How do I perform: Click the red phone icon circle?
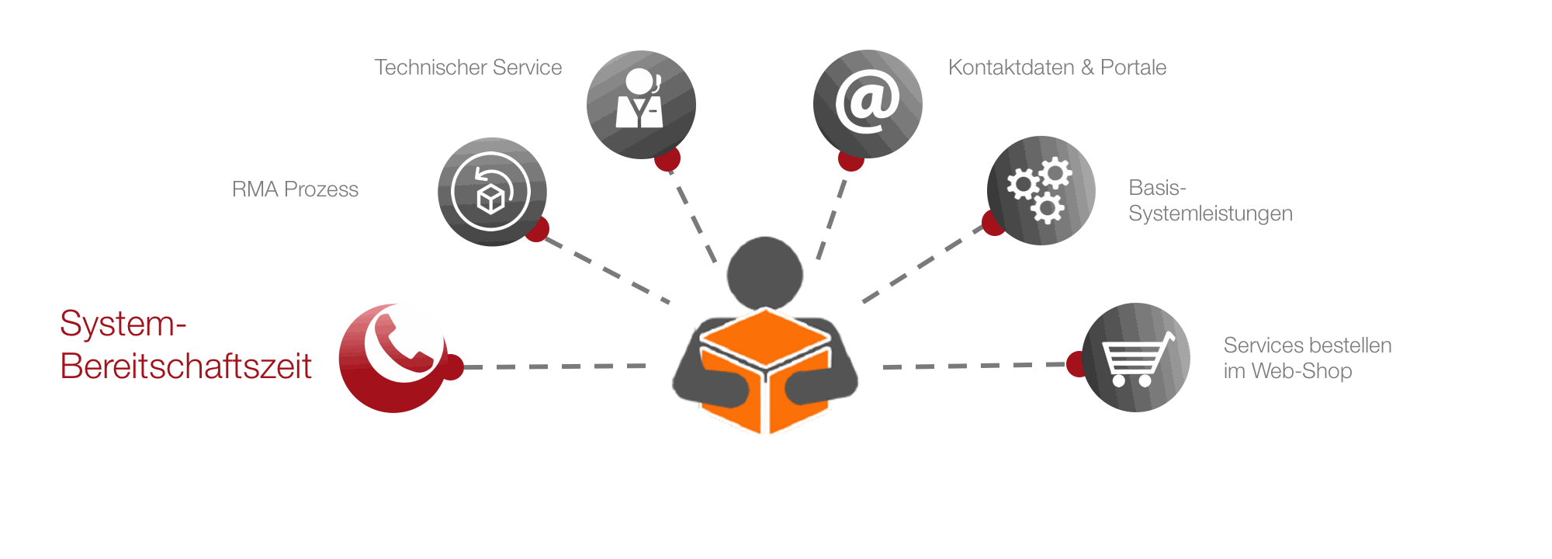(x=393, y=357)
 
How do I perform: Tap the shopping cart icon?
(x=1136, y=358)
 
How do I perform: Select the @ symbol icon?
(x=868, y=104)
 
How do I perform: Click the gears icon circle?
(x=1041, y=191)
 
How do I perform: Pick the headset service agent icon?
(x=641, y=104)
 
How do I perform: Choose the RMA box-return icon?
(x=492, y=192)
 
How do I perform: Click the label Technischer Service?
(x=468, y=68)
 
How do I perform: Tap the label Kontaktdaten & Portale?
(x=1057, y=68)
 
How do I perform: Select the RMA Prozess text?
(x=295, y=189)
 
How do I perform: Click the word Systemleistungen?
(x=1210, y=214)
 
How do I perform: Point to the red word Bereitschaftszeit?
(x=186, y=366)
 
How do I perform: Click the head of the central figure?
(x=764, y=272)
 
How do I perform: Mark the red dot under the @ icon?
(x=850, y=161)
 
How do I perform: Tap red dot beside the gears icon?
(x=993, y=223)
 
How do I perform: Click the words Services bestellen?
(x=1307, y=345)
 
